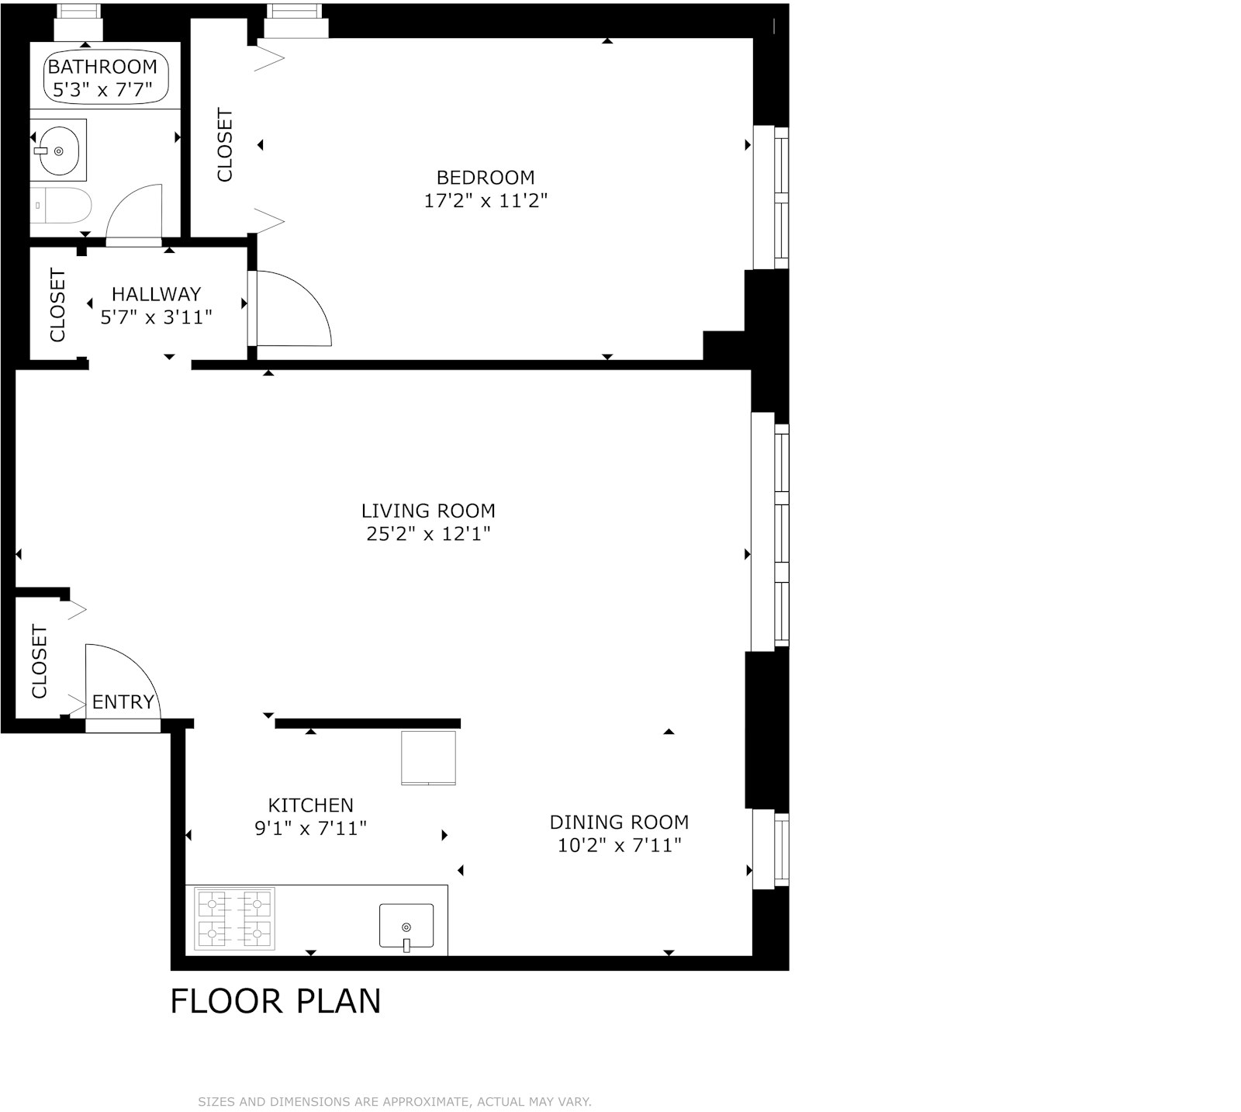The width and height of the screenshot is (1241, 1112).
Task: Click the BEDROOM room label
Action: pyautogui.click(x=486, y=178)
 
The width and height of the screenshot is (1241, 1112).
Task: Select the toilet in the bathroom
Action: pyautogui.click(x=62, y=206)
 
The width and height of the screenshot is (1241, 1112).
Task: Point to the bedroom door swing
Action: pyautogui.click(x=299, y=309)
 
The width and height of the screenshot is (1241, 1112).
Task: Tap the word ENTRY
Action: pyautogui.click(x=123, y=702)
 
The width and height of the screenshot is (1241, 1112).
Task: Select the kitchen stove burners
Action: pyautogui.click(x=235, y=918)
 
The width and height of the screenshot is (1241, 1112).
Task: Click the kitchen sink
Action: pyautogui.click(x=406, y=925)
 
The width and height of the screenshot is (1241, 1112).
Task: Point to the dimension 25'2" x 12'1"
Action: pyautogui.click(x=428, y=534)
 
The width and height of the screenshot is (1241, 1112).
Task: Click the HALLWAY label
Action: pyautogui.click(x=156, y=294)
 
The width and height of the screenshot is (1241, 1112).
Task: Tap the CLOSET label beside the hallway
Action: pyautogui.click(x=58, y=305)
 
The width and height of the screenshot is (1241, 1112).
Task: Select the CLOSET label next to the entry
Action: pyautogui.click(x=40, y=661)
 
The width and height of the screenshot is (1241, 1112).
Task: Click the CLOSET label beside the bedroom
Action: pyautogui.click(x=225, y=145)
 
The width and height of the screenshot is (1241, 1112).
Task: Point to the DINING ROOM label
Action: pyautogui.click(x=619, y=822)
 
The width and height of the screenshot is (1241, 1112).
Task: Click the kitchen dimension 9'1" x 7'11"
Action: pyautogui.click(x=310, y=829)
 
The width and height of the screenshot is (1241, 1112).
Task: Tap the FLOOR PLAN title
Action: pyautogui.click(x=275, y=1001)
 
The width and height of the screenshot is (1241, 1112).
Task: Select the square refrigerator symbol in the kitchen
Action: pyautogui.click(x=428, y=757)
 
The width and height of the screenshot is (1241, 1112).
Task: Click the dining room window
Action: pyautogui.click(x=770, y=849)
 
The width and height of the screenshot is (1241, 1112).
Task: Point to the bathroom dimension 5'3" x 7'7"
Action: pyautogui.click(x=102, y=90)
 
